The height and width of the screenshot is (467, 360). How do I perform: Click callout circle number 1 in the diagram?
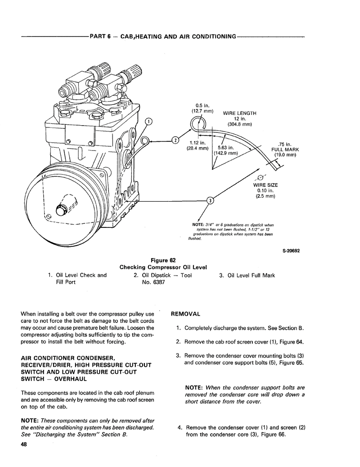[x=148, y=121]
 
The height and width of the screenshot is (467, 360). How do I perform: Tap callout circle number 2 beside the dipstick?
[x=175, y=140]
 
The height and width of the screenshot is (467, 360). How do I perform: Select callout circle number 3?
[x=210, y=200]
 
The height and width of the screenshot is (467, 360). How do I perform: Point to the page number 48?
[x=23, y=445]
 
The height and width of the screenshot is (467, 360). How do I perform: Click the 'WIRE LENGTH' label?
[x=239, y=113]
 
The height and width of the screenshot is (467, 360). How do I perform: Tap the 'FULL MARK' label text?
[x=285, y=150]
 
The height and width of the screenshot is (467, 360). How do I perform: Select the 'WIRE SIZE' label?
[x=265, y=185]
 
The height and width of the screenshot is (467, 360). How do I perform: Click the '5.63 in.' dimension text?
[x=225, y=147]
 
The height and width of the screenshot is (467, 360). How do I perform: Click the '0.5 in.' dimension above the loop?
[x=198, y=105]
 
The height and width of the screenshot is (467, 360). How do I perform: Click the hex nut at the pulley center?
[x=61, y=210]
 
